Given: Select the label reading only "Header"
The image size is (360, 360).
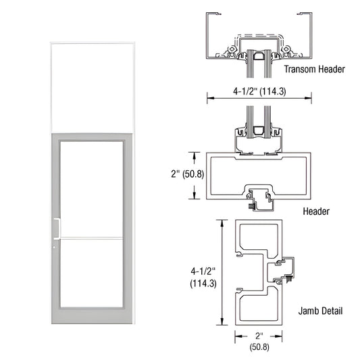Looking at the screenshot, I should pos(316,211).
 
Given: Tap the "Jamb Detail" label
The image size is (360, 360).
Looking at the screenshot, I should pos(320,311).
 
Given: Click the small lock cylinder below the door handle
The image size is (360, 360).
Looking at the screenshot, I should pos(54,247).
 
